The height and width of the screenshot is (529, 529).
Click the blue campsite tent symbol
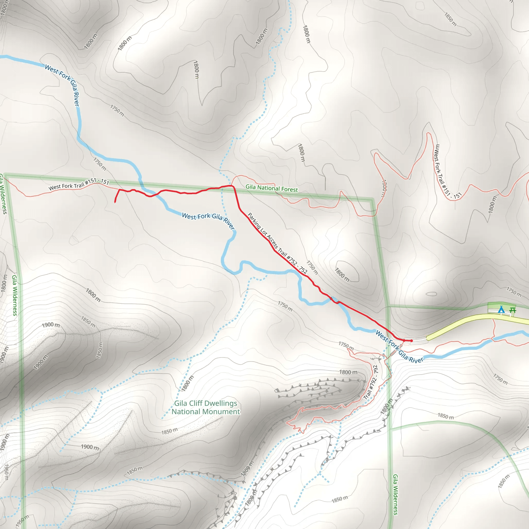coord(501,310)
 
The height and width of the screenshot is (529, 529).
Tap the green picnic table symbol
coord(512,310)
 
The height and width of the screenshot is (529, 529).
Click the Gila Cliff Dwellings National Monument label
coord(206,407)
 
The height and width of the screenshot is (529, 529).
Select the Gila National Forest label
coord(271,188)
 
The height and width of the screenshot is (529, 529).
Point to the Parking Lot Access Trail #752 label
coord(277,243)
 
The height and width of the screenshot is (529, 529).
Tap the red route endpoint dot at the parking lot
coord(411,341)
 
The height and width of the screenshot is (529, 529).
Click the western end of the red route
coord(115,202)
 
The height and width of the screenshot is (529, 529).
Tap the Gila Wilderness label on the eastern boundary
coord(395,494)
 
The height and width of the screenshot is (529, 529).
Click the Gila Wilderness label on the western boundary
coord(15,295)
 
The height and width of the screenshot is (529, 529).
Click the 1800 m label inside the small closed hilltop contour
coord(342,275)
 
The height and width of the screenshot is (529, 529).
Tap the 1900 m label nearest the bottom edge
coord(90,447)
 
